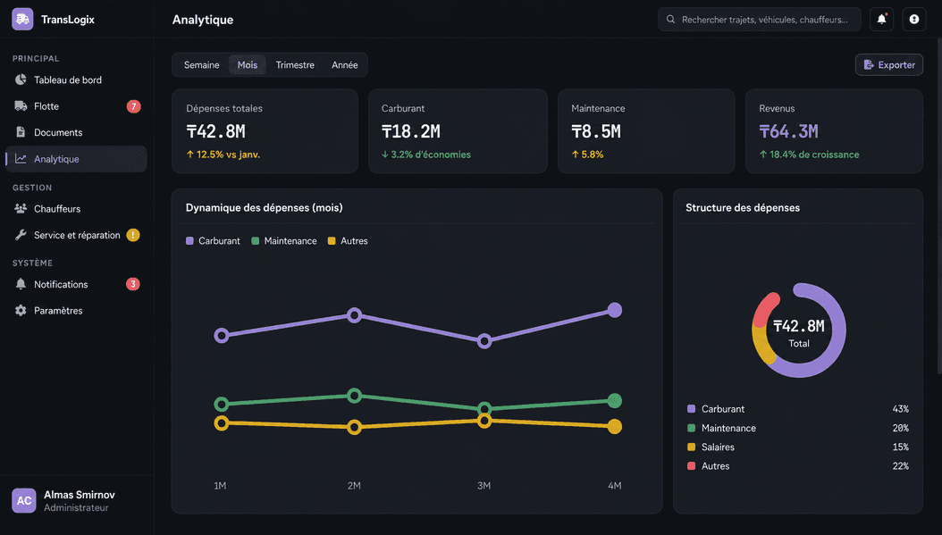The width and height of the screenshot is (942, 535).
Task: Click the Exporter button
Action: pos(889,65)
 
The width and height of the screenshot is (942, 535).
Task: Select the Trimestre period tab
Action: pos(295,65)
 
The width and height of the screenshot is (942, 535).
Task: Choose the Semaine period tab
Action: pos(201,65)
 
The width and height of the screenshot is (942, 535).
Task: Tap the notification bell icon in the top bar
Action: pos(881,20)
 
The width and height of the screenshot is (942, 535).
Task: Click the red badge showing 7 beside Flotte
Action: pos(133,106)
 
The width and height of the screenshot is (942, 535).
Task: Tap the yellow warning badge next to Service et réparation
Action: pos(133,235)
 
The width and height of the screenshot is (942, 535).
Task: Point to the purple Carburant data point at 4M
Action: pos(615,310)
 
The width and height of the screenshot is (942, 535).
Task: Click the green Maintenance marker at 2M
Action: pos(355,396)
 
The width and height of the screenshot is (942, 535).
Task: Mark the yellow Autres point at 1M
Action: pos(222,423)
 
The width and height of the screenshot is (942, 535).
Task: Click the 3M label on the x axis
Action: pos(484,486)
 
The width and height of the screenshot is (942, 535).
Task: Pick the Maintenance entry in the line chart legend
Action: pos(284,241)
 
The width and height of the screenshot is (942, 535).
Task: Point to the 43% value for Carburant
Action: pos(900,409)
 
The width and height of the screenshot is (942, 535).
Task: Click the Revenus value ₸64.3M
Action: pos(788,131)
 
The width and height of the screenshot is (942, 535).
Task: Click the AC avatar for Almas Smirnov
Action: pos(24,501)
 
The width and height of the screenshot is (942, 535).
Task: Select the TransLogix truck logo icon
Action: pos(23,20)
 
